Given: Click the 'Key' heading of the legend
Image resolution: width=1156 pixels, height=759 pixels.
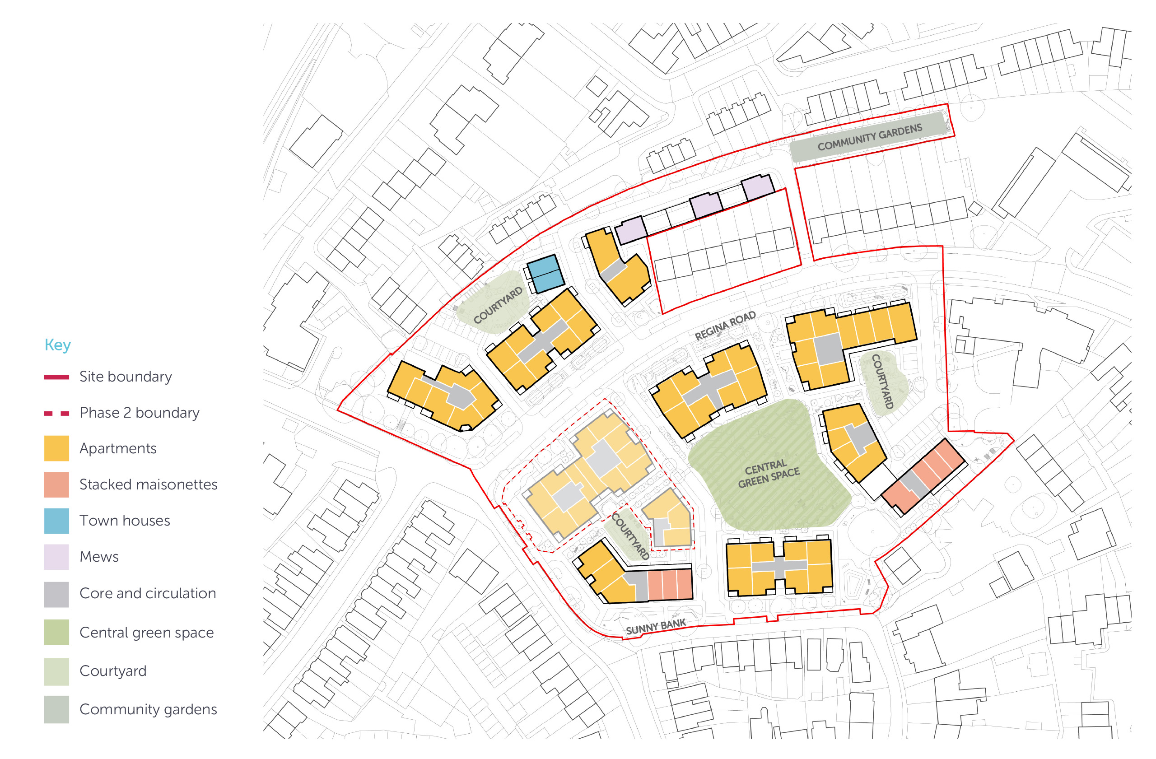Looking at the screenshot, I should point(57,345).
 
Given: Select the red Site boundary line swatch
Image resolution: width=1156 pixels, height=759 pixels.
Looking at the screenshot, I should point(56,377).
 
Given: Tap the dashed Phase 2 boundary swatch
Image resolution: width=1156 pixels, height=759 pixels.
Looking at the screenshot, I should point(56,413).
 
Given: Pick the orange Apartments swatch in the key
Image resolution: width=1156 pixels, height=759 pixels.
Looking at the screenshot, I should point(56,448).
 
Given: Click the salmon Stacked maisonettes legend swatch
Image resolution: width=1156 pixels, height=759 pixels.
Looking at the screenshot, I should point(56,484).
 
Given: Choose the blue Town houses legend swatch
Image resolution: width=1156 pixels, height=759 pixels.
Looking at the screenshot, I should point(56,521).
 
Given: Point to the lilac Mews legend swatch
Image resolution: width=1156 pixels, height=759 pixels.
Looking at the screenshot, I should point(56,557).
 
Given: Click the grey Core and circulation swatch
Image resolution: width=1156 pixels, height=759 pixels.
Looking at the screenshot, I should point(56,594).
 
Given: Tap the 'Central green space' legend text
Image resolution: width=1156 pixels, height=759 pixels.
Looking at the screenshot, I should point(146,632).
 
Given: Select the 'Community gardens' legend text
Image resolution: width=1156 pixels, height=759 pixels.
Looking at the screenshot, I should point(148,709).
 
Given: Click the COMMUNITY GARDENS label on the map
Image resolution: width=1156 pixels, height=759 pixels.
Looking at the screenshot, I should point(869,137).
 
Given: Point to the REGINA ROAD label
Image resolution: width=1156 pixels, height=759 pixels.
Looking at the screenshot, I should point(725,326).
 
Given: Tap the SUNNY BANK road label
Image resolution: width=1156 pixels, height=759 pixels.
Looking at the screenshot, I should point(656,627).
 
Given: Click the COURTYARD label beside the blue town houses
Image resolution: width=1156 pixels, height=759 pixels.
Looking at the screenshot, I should point(498,305).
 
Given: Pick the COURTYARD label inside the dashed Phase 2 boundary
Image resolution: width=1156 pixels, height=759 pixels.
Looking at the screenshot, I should point(630,536).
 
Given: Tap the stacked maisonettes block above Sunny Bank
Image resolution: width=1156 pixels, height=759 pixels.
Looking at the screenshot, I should point(670,584).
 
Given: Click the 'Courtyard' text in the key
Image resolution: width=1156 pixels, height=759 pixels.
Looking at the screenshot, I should point(113,671).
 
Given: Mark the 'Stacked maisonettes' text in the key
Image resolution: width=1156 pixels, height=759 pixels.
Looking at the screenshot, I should point(148,484).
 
